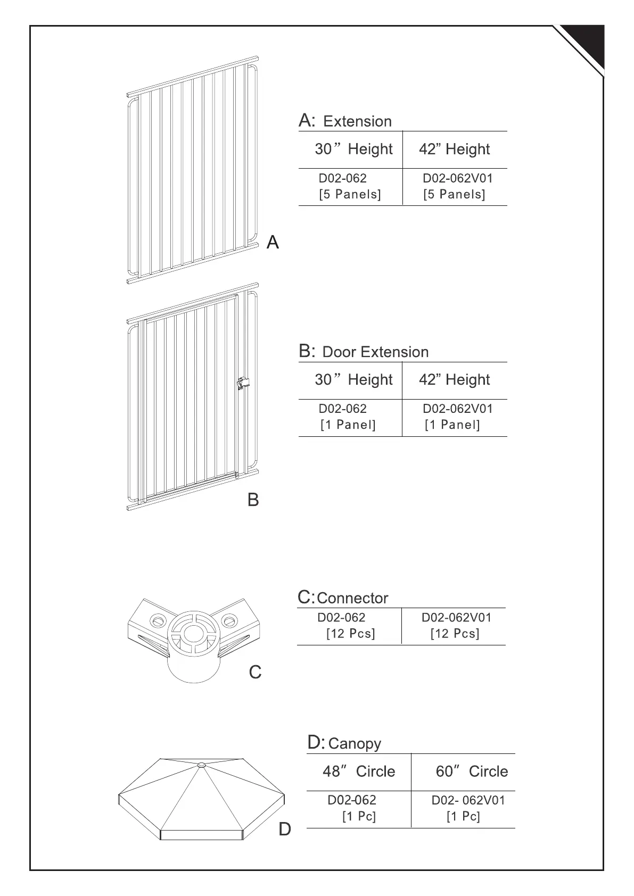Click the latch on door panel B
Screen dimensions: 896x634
(x=243, y=383)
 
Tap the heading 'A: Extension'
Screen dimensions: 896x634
(x=345, y=121)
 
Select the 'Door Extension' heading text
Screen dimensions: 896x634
(x=375, y=352)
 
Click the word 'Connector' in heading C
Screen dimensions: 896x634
(x=352, y=598)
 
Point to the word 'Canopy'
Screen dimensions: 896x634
(x=355, y=743)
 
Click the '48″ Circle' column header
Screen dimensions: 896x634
(x=359, y=771)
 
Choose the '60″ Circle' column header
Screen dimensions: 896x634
(x=472, y=771)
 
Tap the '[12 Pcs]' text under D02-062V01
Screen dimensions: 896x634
(x=455, y=634)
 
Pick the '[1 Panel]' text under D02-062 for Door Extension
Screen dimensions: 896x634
(x=348, y=425)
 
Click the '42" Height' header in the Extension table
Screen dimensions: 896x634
(x=454, y=150)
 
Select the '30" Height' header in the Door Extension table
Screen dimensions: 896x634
(x=353, y=380)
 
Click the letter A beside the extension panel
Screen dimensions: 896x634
(x=273, y=243)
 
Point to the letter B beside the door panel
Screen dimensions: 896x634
(x=253, y=500)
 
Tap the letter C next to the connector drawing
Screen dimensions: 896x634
(x=256, y=673)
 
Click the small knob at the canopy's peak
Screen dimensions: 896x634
(x=201, y=765)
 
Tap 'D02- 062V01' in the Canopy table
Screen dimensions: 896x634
(x=468, y=800)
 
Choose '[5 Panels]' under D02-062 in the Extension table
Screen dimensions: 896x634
(x=350, y=194)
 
